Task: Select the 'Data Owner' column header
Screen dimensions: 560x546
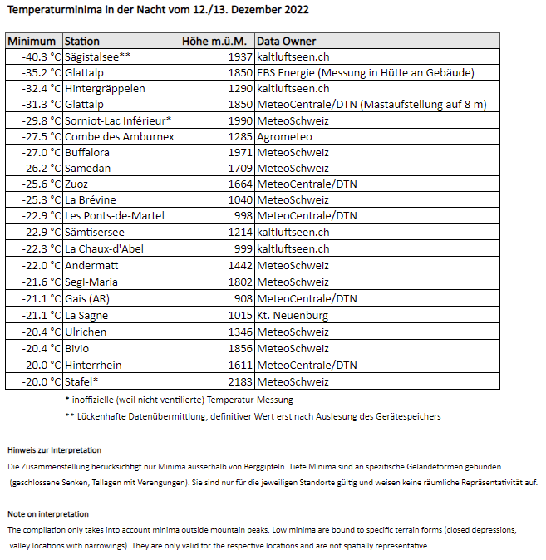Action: pos(286,41)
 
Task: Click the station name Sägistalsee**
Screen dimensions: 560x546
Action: pos(98,56)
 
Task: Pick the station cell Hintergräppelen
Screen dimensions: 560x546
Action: pos(105,88)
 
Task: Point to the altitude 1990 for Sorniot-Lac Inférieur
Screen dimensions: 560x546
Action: pos(239,120)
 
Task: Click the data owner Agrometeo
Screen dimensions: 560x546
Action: pos(284,136)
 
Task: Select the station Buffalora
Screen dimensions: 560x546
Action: pos(87,153)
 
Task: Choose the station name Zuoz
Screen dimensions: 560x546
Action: pos(77,184)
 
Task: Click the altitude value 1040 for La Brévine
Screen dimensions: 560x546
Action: pos(239,200)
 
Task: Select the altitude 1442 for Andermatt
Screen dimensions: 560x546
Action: pos(239,264)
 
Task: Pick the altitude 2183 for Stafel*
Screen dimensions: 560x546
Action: pos(239,381)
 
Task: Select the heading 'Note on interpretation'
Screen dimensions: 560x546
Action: pos(48,514)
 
